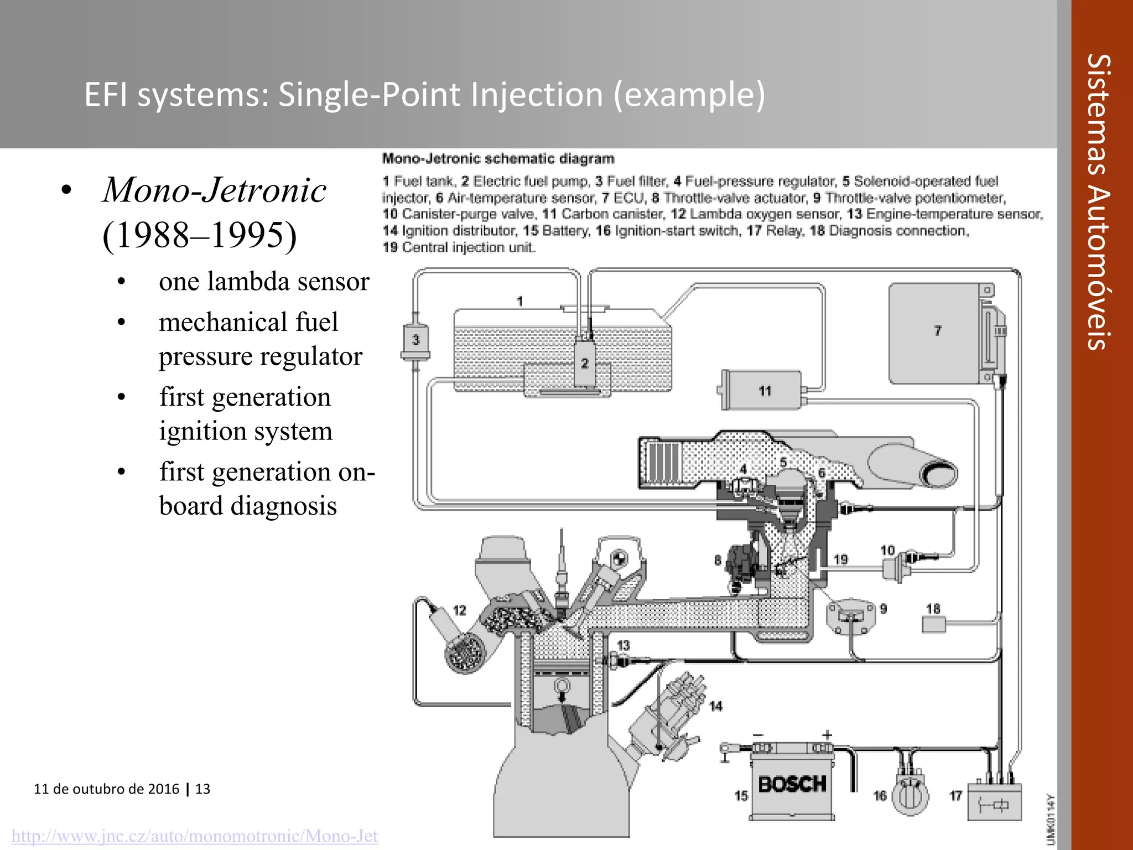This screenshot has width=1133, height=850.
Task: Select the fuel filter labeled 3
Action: (x=415, y=340)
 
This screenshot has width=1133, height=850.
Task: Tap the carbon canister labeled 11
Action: (x=763, y=391)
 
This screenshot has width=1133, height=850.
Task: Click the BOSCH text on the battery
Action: (x=792, y=784)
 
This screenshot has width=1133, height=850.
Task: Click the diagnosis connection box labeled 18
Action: (x=933, y=625)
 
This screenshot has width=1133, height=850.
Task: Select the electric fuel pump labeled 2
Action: (x=584, y=363)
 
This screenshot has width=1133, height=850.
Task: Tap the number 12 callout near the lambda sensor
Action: (x=459, y=610)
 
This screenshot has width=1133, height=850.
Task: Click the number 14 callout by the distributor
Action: (x=715, y=706)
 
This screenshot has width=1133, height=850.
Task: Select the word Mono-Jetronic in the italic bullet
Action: (x=215, y=190)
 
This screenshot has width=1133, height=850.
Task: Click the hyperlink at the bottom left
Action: (x=195, y=836)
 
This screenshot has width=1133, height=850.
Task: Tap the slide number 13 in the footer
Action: (x=203, y=789)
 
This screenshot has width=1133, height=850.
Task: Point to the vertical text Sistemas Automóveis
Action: (x=1098, y=202)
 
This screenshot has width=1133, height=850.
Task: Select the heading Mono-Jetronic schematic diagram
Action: (x=498, y=159)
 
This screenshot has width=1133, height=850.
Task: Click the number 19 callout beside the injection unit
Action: (x=840, y=559)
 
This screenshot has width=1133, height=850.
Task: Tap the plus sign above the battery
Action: (x=827, y=735)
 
